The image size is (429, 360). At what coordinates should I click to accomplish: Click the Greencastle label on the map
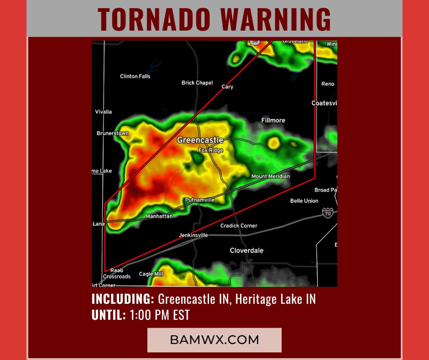pyautogui.click(x=200, y=140)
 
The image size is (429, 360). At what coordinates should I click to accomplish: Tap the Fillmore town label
pyautogui.click(x=273, y=120)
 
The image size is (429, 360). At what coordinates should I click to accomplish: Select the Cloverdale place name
pyautogui.click(x=246, y=250)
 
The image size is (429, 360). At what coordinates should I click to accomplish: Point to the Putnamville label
pyautogui.click(x=200, y=200)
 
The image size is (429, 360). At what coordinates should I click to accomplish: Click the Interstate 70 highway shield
pyautogui.click(x=327, y=212)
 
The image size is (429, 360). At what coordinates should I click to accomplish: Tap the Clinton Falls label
pyautogui.click(x=135, y=76)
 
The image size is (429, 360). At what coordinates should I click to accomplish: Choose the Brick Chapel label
pyautogui.click(x=197, y=83)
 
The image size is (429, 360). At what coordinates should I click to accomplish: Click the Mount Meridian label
pyautogui.click(x=271, y=176)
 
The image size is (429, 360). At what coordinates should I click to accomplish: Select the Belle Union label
pyautogui.click(x=304, y=201)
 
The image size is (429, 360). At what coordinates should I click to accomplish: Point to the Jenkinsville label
pyautogui.click(x=194, y=235)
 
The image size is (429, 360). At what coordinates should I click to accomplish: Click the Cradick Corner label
pyautogui.click(x=239, y=226)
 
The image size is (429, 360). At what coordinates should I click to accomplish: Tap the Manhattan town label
pyautogui.click(x=159, y=216)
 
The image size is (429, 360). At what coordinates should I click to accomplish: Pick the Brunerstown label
pyautogui.click(x=113, y=133)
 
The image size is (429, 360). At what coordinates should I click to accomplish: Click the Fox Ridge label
pyautogui.click(x=211, y=150)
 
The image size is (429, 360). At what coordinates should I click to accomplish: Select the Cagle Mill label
pyautogui.click(x=151, y=274)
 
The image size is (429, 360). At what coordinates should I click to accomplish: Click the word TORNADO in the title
pyautogui.click(x=154, y=20)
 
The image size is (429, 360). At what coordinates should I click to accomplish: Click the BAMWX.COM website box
pyautogui.click(x=214, y=340)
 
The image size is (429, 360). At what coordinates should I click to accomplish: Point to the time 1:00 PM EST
pyautogui.click(x=159, y=315)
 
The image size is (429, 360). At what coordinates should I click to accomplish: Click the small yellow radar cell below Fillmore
pyautogui.click(x=273, y=143)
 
